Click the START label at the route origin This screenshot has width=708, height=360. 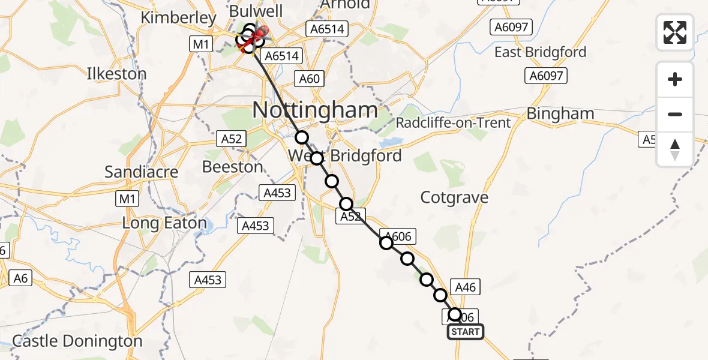point(465,332)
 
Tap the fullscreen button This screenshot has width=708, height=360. point(675,32)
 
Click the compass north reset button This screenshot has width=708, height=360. point(675,149)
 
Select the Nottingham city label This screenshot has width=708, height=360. point(316,110)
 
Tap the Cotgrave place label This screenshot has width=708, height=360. point(454,197)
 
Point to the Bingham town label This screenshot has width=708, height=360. point(560,113)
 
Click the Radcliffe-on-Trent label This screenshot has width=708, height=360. point(454,123)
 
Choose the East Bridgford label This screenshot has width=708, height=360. point(540,52)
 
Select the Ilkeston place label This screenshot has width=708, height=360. point(116,74)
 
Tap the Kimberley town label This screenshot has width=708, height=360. point(178,18)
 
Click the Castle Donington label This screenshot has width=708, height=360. point(77,341)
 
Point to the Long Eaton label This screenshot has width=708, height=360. point(164,224)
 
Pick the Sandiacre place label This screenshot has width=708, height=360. point(142,172)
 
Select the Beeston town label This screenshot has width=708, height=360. point(233,166)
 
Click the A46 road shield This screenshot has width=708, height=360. point(466,287)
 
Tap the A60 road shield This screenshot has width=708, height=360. point(310,78)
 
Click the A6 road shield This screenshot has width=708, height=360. point(21,278)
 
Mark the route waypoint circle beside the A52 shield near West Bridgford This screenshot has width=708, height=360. point(346,204)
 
